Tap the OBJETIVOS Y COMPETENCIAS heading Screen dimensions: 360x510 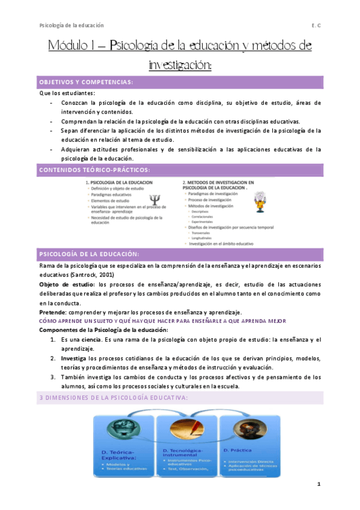[x=86, y=82]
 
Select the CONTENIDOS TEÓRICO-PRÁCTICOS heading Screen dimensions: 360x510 [x=94, y=170]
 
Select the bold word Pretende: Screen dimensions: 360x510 [x=55, y=312]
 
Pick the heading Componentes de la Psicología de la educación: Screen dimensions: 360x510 [x=103, y=330]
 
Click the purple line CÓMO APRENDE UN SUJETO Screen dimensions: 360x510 [x=162, y=321]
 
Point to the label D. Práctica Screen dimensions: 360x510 [x=240, y=450]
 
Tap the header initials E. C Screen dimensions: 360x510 [x=317, y=25]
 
